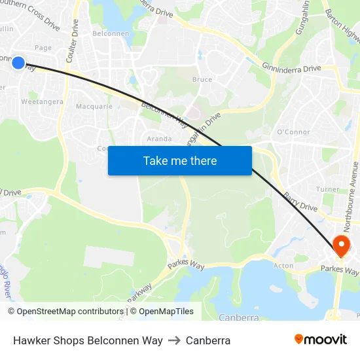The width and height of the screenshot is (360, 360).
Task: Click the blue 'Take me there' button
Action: tap(180, 160)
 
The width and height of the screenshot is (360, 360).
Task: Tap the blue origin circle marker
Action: tap(18, 63)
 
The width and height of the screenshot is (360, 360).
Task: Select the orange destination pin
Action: tap(341, 247)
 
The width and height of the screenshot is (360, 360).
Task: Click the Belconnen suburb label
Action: tap(109, 33)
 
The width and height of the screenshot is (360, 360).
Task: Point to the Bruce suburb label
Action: tap(202, 80)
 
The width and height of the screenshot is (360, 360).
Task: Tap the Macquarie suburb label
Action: tap(94, 106)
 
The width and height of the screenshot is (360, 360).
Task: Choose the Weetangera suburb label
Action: tap(43, 101)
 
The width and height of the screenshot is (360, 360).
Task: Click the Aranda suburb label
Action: tap(160, 139)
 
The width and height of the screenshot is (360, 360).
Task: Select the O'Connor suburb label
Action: tap(293, 132)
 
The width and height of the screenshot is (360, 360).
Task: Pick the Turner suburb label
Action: tap(328, 189)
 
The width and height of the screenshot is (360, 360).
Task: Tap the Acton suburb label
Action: tap(283, 266)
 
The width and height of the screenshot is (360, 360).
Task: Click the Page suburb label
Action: tap(43, 48)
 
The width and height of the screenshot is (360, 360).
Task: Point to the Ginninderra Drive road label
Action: tap(291, 67)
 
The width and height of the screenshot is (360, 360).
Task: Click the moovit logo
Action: tap(321, 339)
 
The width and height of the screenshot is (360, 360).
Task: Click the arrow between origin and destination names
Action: tap(174, 340)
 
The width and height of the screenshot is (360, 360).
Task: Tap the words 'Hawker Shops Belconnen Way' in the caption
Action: tap(88, 340)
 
